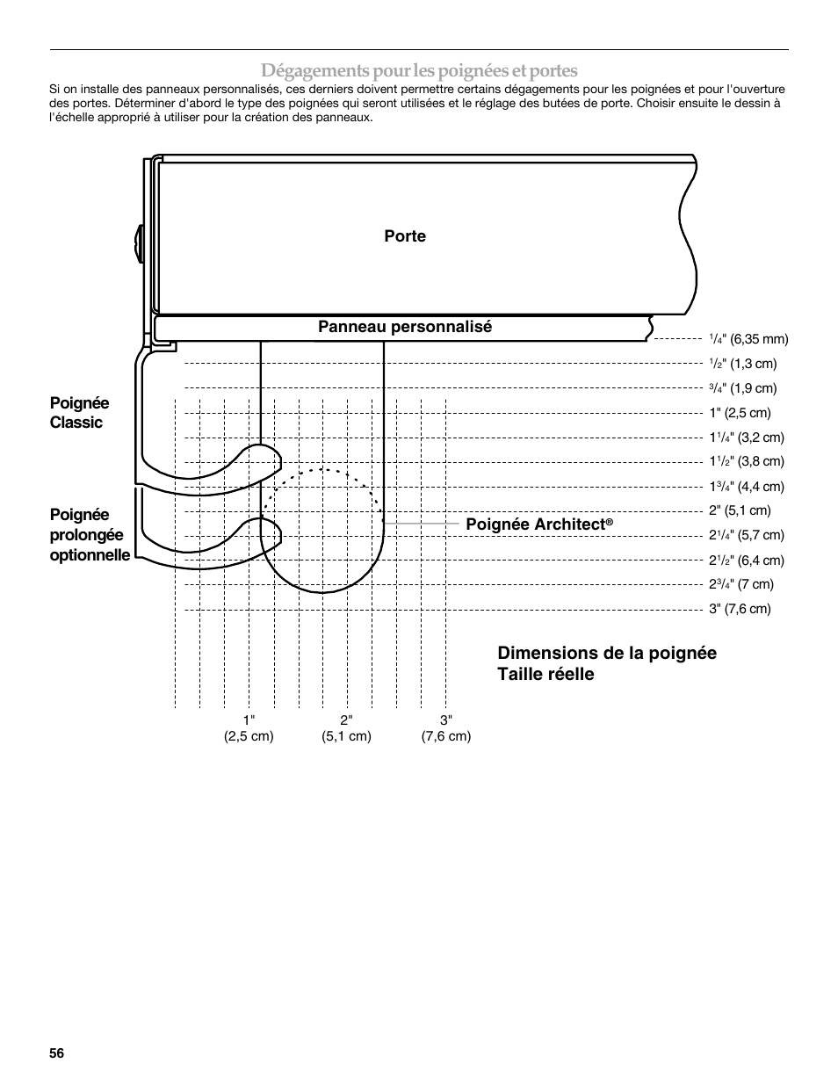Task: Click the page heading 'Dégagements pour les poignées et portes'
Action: coord(419,70)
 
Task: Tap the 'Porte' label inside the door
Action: coord(405,236)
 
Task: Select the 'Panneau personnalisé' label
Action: coord(405,327)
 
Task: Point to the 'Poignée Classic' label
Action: coord(79,413)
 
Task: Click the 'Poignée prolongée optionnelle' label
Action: coord(90,535)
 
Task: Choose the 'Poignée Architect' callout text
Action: coord(538,524)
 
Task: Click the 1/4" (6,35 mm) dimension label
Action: coord(748,339)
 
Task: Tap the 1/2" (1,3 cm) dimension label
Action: coord(743,364)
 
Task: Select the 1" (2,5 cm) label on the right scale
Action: coord(740,413)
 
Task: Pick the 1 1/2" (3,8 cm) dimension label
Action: coord(747,461)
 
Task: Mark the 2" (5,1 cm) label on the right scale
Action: coord(740,510)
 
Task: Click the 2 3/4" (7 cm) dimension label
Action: coord(741,584)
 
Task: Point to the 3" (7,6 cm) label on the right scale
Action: coord(740,609)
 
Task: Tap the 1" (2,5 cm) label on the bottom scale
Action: coord(249,728)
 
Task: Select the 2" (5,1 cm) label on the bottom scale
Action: coord(346,728)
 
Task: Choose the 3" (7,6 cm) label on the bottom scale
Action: coord(446,728)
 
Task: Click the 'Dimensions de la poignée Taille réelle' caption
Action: coord(606,663)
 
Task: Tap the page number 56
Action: coord(57,1053)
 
